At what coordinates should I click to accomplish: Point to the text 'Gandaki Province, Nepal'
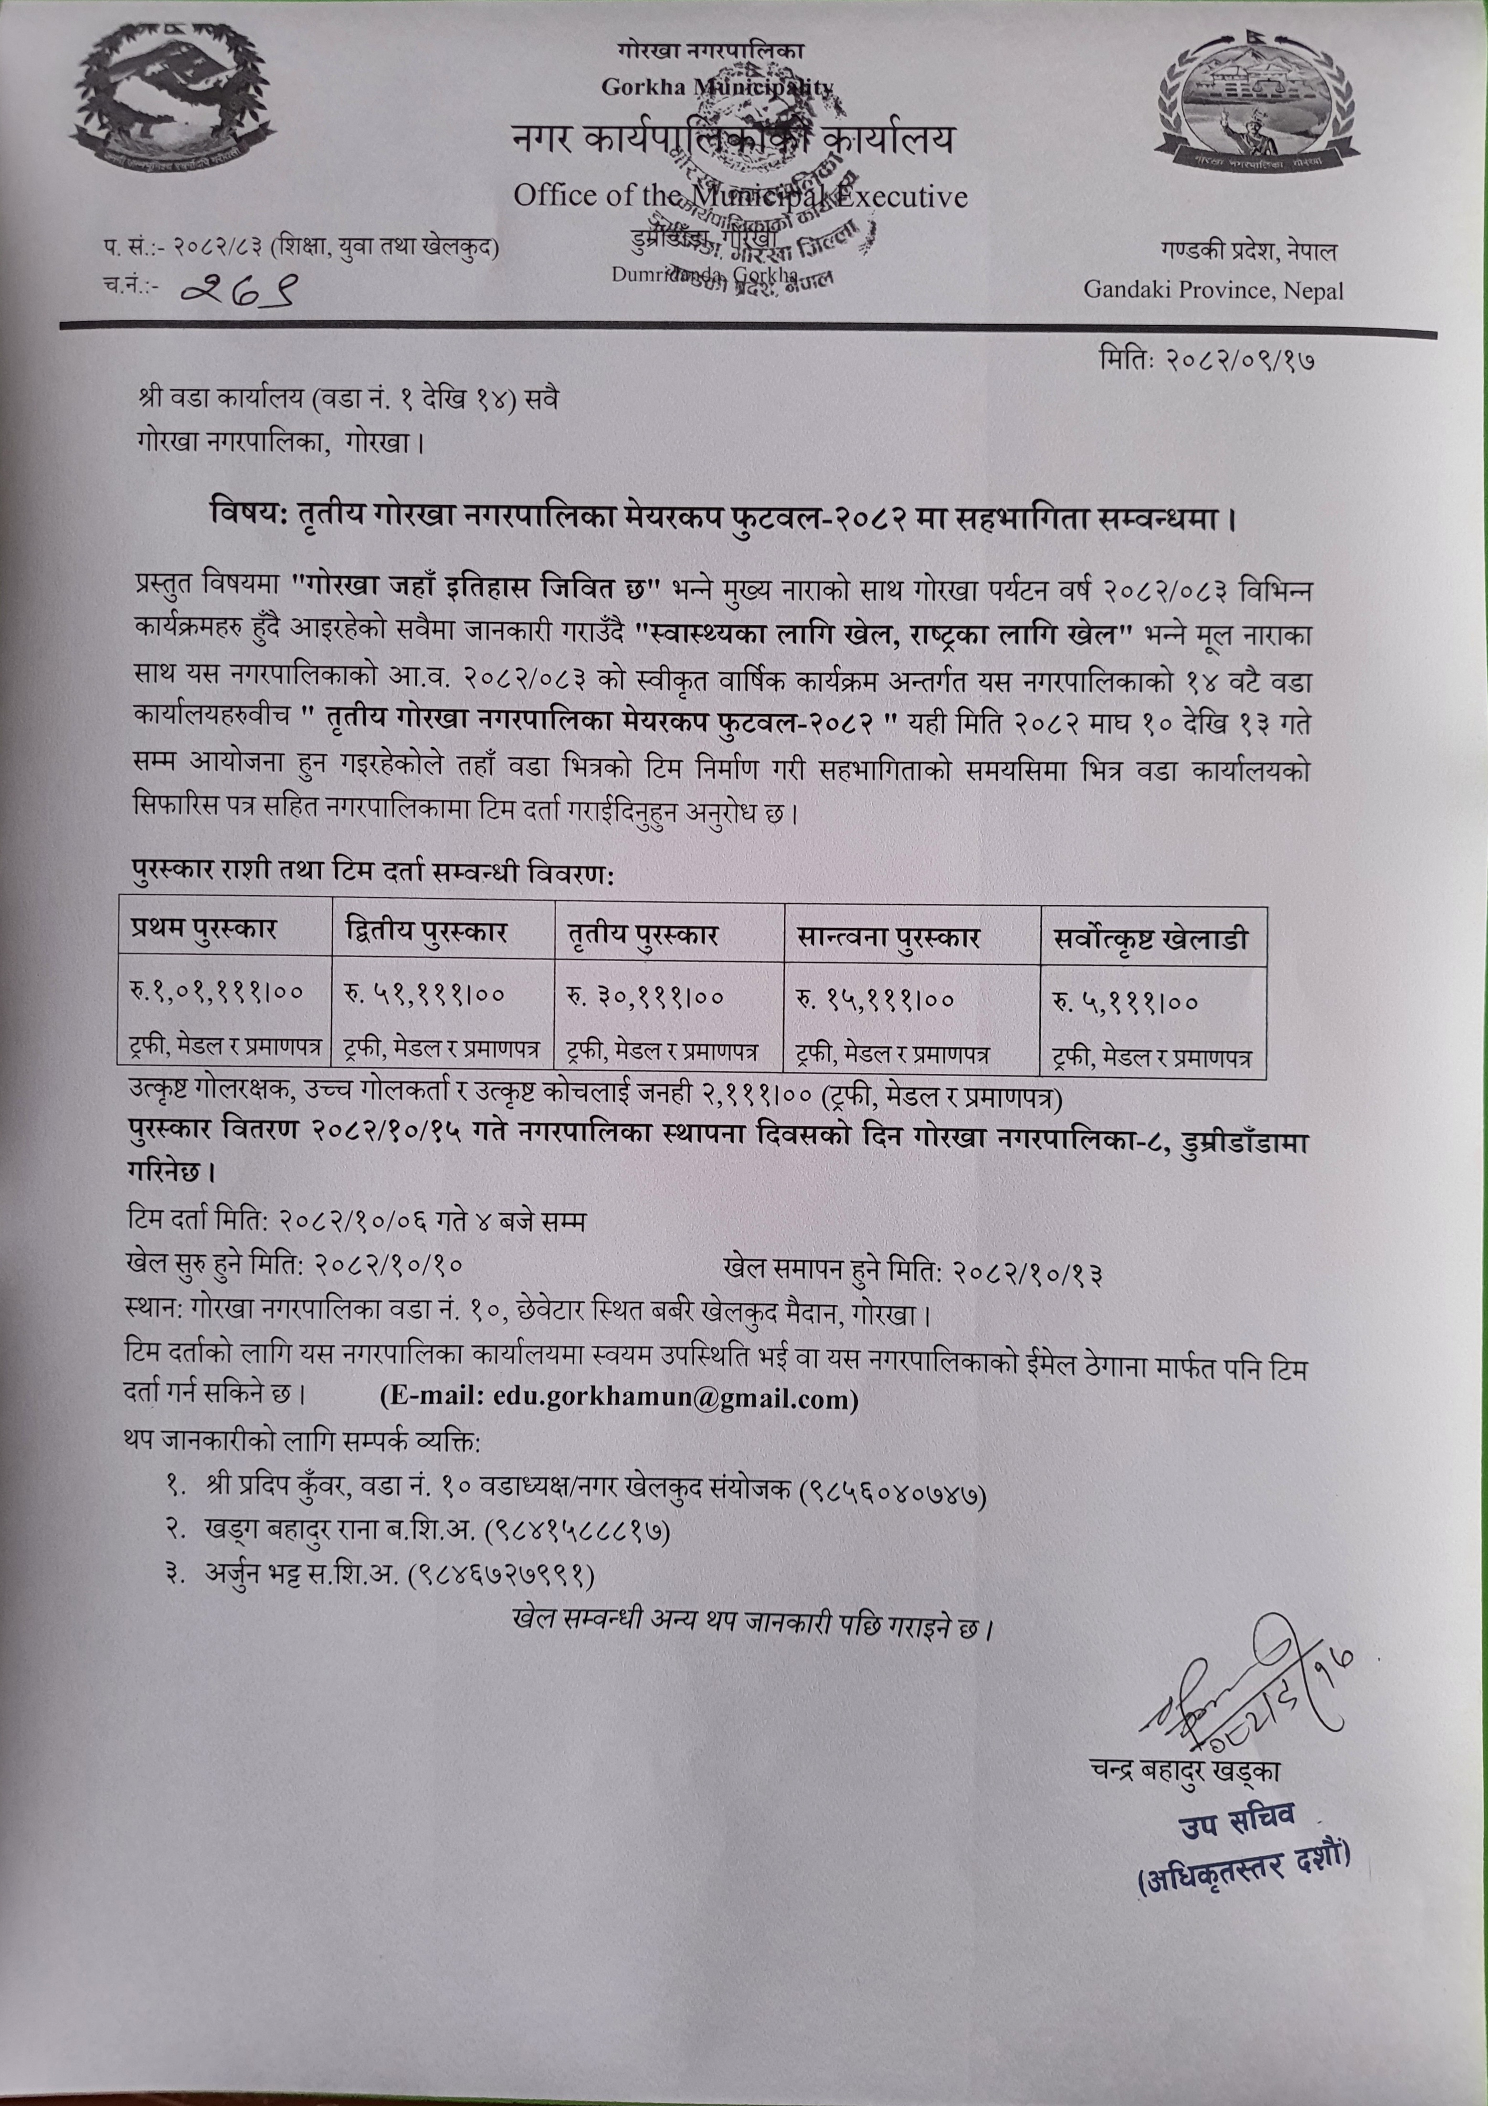coord(1213,291)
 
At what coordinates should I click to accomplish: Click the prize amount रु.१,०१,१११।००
coord(217,992)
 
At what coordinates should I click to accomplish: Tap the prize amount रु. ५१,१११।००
coord(425,994)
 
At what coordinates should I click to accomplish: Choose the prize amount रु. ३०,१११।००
coord(644,996)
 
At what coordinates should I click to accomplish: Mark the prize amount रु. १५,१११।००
coord(876,998)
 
